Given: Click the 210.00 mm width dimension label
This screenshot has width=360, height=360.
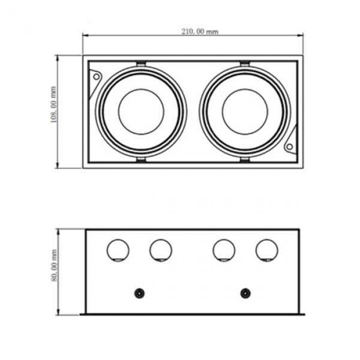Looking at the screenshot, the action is point(200,31).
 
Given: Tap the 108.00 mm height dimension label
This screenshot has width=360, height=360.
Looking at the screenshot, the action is point(53,104).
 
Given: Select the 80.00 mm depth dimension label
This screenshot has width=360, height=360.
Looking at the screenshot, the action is point(53,266).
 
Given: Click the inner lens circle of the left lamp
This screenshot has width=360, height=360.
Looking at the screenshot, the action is point(141,89).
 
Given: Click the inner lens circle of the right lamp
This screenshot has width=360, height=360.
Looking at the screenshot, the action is point(245,89).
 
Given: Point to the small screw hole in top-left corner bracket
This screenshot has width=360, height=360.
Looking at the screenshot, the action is point(97,77).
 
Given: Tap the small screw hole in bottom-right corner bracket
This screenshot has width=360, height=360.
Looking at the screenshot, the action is point(290,147).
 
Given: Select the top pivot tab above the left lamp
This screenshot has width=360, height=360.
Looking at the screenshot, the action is point(141,64).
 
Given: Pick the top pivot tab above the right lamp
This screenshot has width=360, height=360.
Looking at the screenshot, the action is point(245,64).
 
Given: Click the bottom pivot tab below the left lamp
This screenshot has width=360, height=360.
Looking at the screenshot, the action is point(141,160).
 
